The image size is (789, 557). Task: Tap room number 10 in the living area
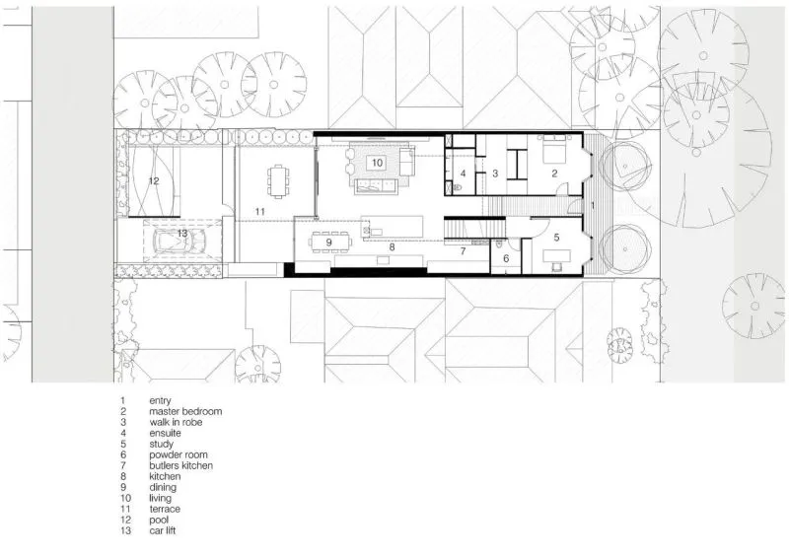377,163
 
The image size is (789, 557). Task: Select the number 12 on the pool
154,180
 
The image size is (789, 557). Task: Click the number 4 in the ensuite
463,174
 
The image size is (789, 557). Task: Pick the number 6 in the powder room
506,258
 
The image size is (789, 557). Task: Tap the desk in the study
556,256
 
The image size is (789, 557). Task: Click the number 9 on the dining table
328,242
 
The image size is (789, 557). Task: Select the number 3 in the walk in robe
495,174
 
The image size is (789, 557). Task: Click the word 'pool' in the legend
159,520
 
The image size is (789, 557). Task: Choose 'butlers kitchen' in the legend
181,466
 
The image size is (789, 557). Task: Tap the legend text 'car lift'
163,530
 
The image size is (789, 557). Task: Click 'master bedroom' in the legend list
185,411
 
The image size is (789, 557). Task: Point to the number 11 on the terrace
259,212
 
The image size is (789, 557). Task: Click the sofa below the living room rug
376,186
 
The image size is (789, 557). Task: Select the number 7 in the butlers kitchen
463,251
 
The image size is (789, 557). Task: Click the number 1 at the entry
593,205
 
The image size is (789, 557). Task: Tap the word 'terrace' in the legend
165,510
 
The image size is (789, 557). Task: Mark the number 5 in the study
556,237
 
